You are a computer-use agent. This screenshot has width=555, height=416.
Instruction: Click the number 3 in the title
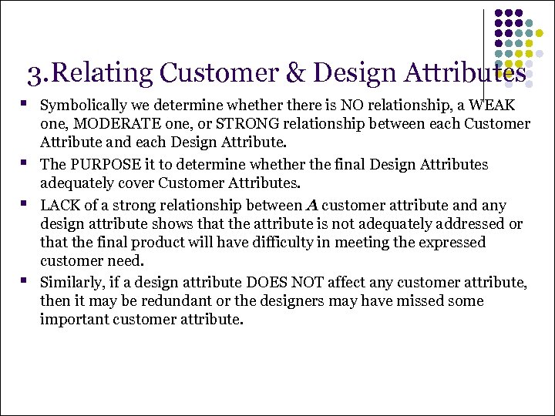(x=34, y=74)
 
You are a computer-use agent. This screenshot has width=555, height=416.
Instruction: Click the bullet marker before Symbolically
(x=25, y=103)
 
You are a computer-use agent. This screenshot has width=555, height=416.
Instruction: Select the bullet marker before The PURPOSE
(x=25, y=163)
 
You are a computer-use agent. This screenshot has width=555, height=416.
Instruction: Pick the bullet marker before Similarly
(x=25, y=281)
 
